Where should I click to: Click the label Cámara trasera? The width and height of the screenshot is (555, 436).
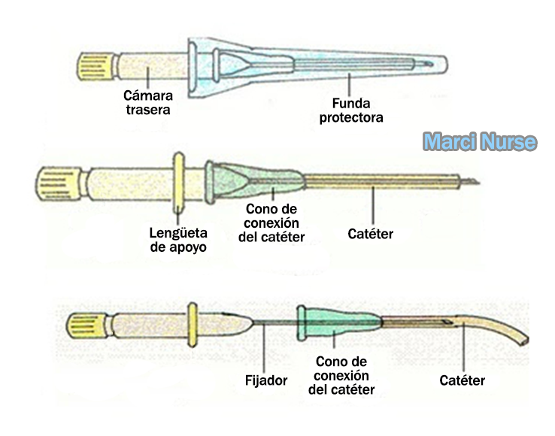coord(148,102)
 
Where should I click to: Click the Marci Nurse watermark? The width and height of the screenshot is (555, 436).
coord(479,141)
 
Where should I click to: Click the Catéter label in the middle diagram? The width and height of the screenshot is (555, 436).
coord(370,234)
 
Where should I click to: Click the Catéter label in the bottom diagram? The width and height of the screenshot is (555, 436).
coord(462,380)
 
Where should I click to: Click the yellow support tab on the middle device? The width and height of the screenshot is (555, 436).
coord(178,182)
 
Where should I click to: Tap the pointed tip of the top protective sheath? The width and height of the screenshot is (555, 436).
coord(446,65)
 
